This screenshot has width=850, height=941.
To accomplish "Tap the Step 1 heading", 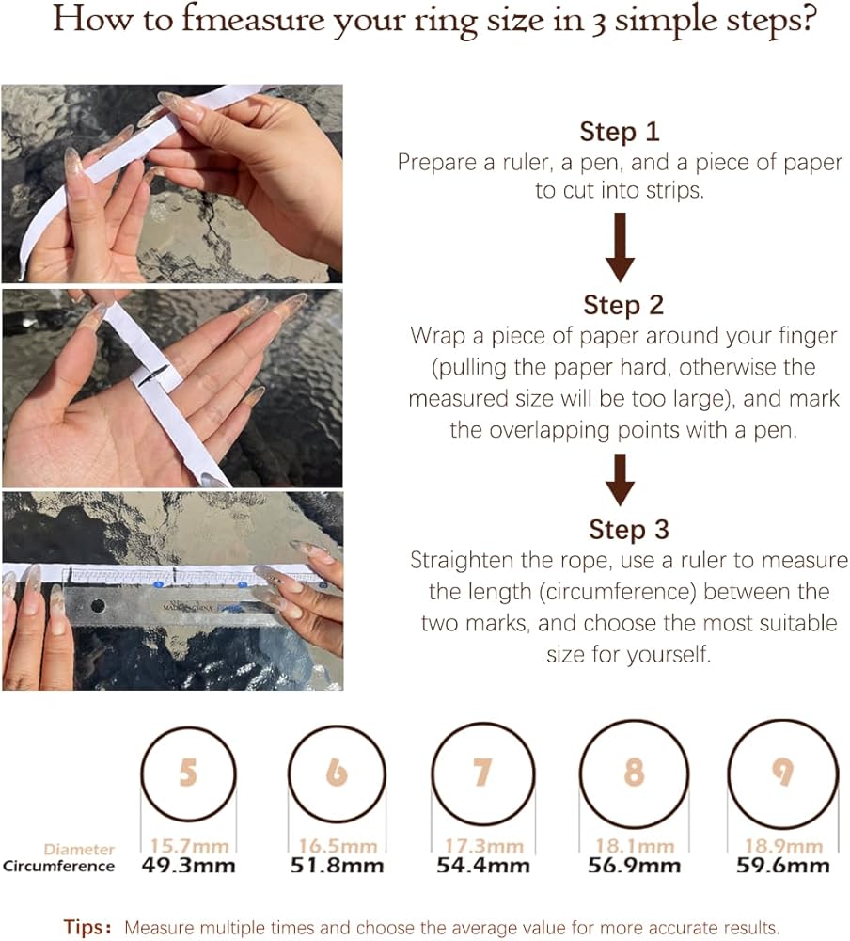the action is [620, 132].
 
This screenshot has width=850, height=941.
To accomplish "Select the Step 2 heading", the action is [623, 305].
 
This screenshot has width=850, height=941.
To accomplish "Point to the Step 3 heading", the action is [629, 529].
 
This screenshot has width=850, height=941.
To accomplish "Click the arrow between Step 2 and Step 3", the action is [621, 480].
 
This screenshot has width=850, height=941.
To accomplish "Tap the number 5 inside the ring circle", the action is [188, 772].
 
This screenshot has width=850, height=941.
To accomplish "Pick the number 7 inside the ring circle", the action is [482, 772].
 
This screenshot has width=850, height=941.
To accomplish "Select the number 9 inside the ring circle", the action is [782, 772].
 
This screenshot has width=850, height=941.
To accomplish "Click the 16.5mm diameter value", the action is [338, 846].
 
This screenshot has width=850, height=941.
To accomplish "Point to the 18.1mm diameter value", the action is [635, 846].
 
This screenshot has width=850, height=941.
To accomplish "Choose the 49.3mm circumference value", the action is [188, 866].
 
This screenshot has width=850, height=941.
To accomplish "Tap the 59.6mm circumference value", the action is [783, 866].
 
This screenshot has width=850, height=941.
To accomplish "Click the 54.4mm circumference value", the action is [483, 866].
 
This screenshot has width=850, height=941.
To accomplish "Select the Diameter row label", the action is [79, 849].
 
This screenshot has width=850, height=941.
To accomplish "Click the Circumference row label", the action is [58, 866].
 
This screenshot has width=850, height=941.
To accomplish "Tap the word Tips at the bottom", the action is [84, 927].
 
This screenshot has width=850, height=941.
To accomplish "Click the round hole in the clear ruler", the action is [98, 606].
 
